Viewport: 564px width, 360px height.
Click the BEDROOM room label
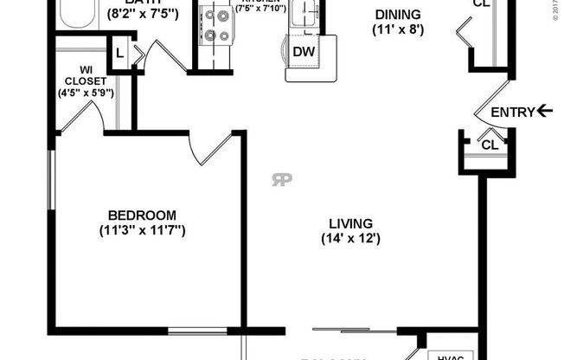pos(142,215)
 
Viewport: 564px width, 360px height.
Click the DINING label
pos(397,14)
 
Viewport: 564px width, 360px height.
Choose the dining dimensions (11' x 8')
pos(397,29)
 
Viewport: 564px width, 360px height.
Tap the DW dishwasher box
pos(303,52)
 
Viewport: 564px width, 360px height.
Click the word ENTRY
pos(512,112)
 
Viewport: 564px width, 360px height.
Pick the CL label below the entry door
pos(490,144)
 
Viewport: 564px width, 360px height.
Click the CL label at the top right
pos(482,3)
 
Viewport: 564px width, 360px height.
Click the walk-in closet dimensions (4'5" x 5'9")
pos(86,93)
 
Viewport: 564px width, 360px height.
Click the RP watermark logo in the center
pos(281,180)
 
